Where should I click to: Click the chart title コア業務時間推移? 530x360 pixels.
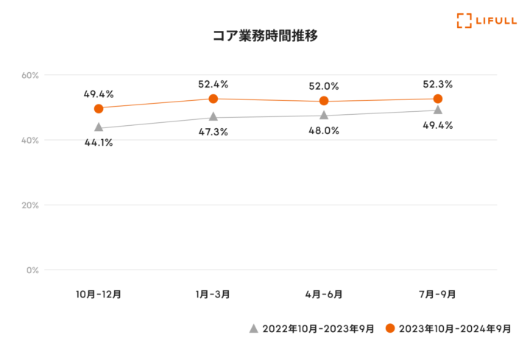265,35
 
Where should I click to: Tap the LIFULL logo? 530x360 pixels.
484,21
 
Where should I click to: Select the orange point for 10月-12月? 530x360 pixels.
99,108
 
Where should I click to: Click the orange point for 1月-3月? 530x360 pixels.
213,99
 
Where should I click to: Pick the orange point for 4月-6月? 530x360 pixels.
324,101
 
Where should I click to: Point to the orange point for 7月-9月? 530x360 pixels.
438,99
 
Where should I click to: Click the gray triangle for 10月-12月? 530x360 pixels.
99,127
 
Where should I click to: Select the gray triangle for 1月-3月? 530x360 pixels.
213,117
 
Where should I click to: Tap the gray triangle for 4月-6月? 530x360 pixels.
324,116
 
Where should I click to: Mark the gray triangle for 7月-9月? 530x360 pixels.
438,110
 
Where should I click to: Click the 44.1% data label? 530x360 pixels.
98,143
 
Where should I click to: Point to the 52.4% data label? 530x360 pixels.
213,84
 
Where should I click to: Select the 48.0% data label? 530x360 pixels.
323,130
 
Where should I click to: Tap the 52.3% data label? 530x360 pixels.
437,84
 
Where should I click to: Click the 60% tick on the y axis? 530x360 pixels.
30,75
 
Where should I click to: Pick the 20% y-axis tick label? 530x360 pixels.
30,205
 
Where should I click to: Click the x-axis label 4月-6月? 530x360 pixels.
324,294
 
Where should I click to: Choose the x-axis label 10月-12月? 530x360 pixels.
99,294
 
